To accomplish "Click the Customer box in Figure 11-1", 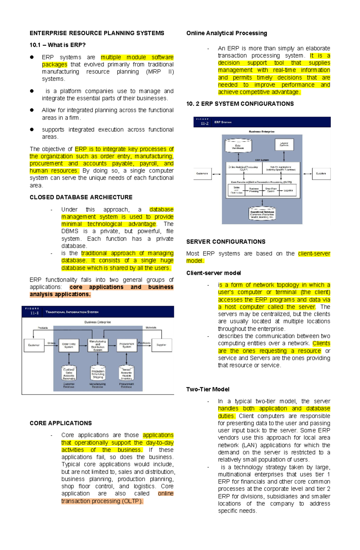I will [34, 345].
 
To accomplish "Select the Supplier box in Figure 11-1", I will [161, 345].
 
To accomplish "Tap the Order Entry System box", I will [69, 345].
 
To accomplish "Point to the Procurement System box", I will [127, 345].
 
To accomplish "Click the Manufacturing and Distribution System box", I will [98, 345].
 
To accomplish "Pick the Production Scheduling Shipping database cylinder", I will [98, 373].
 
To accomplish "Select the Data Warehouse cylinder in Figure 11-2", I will [238, 146].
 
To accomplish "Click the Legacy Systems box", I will [284, 144].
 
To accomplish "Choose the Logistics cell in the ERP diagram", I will [288, 190].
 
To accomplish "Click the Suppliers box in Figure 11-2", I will [321, 174].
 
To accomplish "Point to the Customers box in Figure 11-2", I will [202, 174].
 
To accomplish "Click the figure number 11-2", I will [204, 123].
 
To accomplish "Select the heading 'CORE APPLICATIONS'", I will [61, 423].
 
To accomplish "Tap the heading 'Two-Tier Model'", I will [208, 389].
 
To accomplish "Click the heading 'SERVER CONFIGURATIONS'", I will [226, 242].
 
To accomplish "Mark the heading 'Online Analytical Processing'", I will [226, 33].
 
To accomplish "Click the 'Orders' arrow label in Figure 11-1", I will [51, 343].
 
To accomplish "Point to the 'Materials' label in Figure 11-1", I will [151, 328].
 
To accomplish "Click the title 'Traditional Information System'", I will [72, 312].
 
